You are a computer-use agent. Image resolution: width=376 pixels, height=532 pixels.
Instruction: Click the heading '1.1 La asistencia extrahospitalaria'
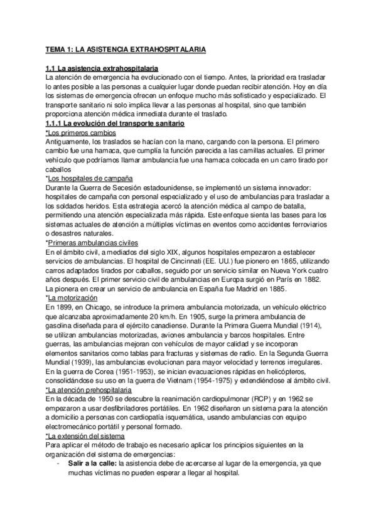point(102,67)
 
